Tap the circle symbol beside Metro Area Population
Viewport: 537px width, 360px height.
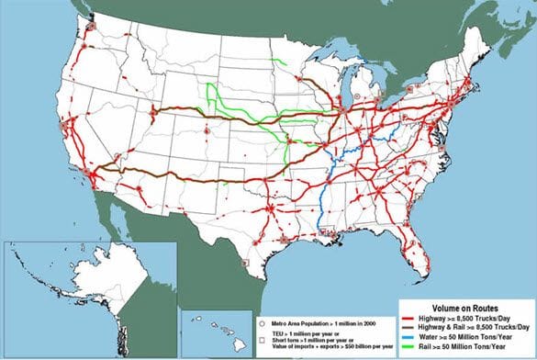click(x=263, y=324)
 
